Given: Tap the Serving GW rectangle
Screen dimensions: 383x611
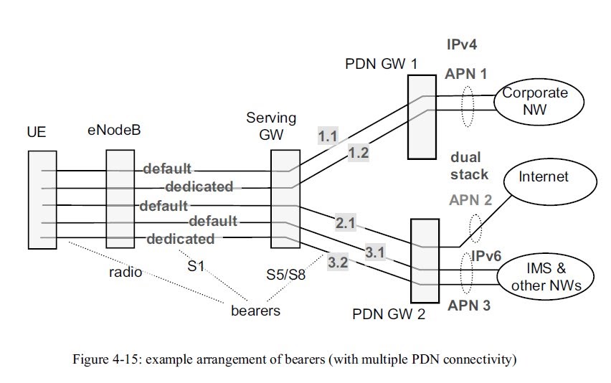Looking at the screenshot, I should tap(285, 199).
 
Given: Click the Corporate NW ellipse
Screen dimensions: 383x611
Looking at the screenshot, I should tap(534, 101).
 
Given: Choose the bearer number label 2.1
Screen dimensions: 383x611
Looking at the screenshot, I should tap(346, 224).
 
